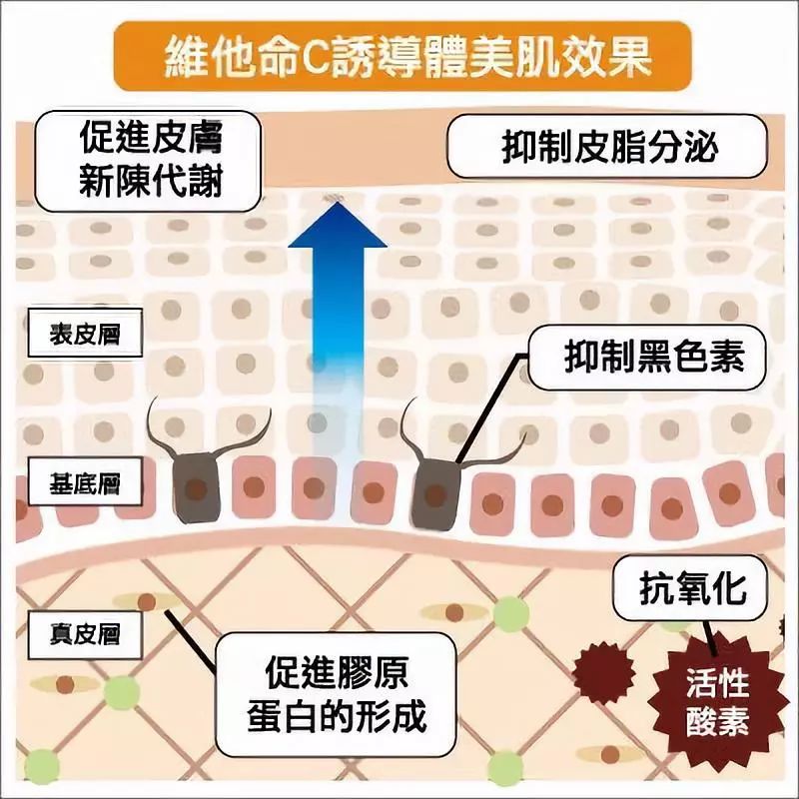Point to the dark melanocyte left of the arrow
(197, 486)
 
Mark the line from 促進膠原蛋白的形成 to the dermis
(190, 635)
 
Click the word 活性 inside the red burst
(717, 685)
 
